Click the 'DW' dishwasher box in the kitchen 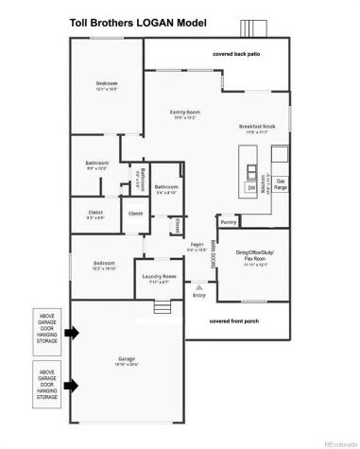click(x=252, y=187)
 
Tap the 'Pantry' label click(x=229, y=223)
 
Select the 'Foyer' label click(x=197, y=247)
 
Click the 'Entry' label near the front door click(x=198, y=294)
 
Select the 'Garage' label click(x=127, y=358)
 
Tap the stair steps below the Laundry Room click(x=162, y=306)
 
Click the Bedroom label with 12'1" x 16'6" click(x=106, y=87)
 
